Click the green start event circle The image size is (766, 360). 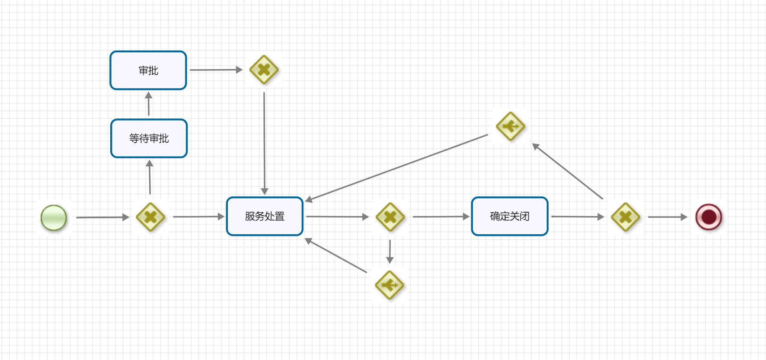tap(54, 217)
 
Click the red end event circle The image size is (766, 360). tap(709, 217)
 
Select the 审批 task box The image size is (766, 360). tap(148, 70)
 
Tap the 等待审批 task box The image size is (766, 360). tap(149, 138)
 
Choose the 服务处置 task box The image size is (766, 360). tap(265, 216)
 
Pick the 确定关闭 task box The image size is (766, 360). tap(510, 216)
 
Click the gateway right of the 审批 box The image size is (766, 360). tap(264, 70)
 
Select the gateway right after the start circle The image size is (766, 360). tap(150, 217)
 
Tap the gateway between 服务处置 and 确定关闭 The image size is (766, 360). tap(390, 217)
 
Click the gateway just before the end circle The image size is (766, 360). tap(625, 217)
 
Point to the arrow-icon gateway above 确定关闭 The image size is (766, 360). tap(511, 126)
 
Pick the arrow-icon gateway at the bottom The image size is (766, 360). tap(389, 285)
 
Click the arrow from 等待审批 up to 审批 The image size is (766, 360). tap(149, 104)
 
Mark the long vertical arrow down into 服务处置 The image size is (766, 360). tap(264, 143)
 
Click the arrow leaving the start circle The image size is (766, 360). tap(102, 217)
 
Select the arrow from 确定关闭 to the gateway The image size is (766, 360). tap(577, 217)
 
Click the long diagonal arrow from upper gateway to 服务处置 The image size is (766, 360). tap(396, 168)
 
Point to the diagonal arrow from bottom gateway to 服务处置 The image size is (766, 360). tap(336, 255)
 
